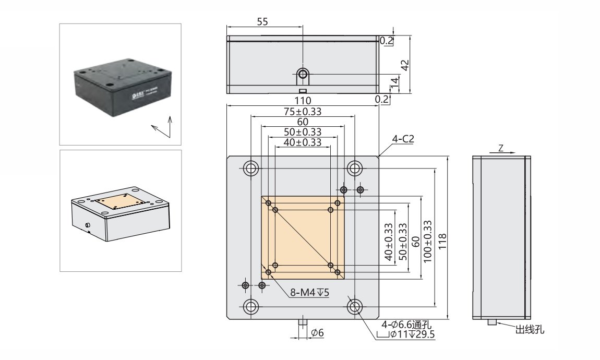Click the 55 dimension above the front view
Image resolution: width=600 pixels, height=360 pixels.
[263, 21]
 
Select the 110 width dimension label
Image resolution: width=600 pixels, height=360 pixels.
[303, 100]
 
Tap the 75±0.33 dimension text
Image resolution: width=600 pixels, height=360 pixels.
[303, 111]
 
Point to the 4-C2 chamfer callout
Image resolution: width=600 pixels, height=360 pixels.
[403, 139]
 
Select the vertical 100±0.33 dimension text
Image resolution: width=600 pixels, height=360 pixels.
[427, 241]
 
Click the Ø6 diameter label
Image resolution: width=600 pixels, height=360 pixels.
[317, 333]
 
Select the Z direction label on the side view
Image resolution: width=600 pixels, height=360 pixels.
[500, 148]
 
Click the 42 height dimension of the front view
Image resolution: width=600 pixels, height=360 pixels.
[404, 64]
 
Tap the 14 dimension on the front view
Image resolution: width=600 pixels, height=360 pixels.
[394, 81]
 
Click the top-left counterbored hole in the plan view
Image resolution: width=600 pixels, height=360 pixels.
[251, 168]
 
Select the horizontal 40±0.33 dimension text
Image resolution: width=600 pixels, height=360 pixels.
[303, 142]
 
